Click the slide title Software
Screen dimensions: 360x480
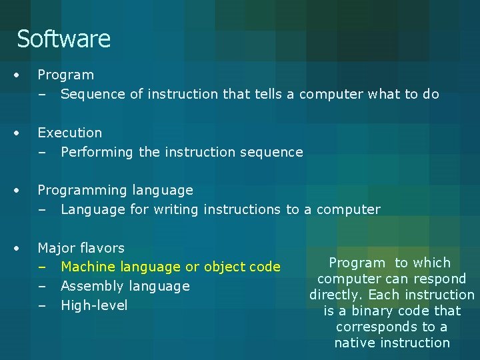[x=63, y=39]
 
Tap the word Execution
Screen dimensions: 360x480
[x=70, y=133]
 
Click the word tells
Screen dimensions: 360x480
[x=269, y=94]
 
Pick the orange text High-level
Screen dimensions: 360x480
[x=94, y=306]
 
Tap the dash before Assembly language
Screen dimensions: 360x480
[x=42, y=287]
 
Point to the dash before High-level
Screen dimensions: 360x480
[x=42, y=306]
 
